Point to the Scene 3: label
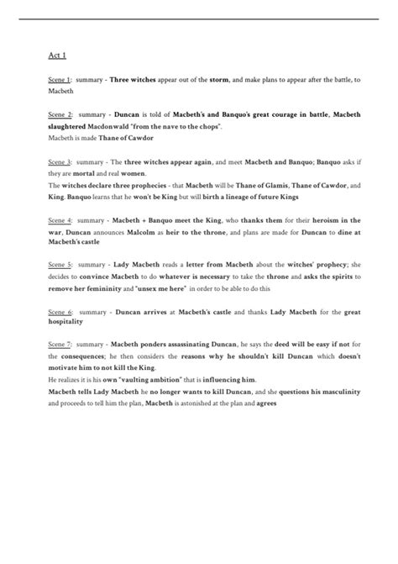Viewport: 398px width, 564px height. tap(60, 161)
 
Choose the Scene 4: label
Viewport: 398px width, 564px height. tap(60, 219)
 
